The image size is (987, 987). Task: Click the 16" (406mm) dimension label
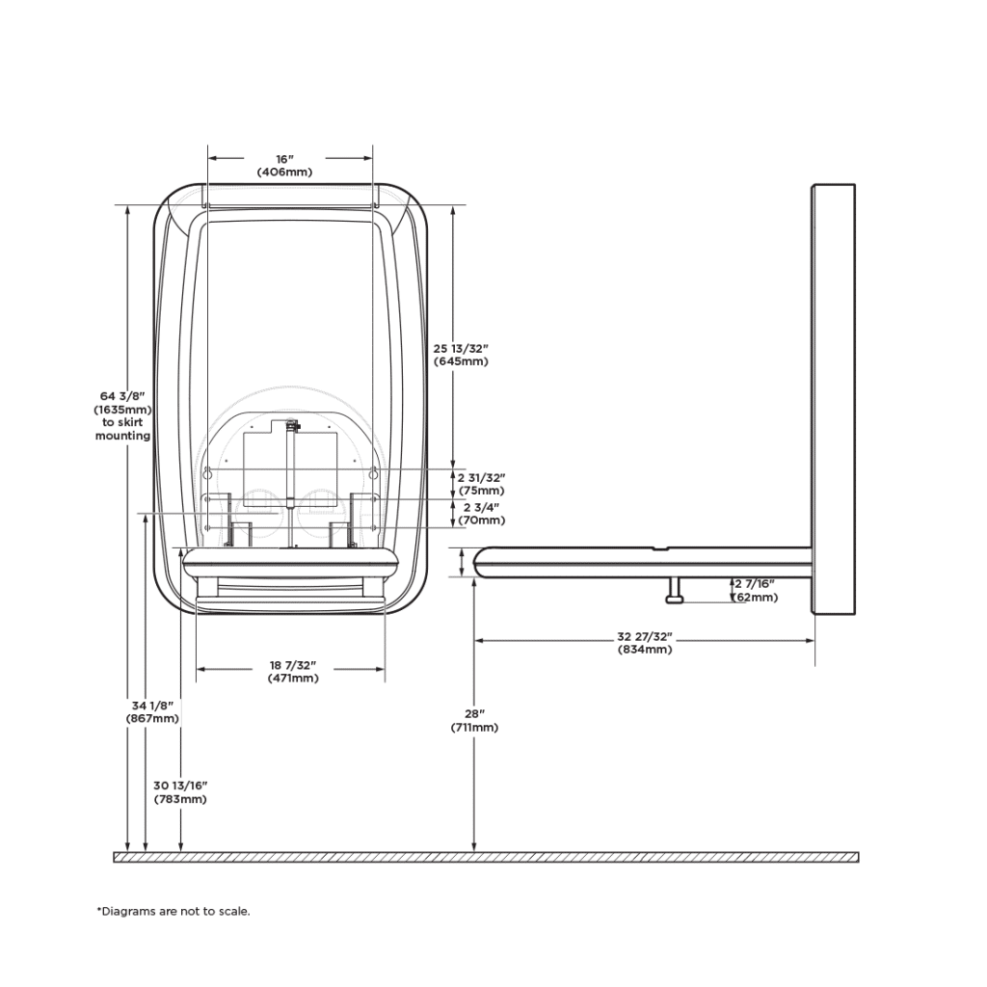click(x=284, y=165)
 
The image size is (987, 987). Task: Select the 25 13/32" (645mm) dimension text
click(x=461, y=355)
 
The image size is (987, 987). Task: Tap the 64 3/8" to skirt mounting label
click(x=122, y=415)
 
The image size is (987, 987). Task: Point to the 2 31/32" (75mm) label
click(x=481, y=484)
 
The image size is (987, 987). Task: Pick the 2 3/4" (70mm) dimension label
click(x=481, y=514)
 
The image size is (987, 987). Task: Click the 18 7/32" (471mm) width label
click(x=293, y=672)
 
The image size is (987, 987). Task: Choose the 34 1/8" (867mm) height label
click(x=152, y=712)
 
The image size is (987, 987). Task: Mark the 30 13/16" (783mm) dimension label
click(x=180, y=792)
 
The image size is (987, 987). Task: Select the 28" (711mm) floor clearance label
click(x=474, y=721)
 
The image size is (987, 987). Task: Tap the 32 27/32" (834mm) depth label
click(x=645, y=643)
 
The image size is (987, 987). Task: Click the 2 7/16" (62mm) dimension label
click(x=756, y=591)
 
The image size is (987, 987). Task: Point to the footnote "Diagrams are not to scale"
click(x=173, y=911)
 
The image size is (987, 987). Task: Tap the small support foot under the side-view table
click(x=675, y=592)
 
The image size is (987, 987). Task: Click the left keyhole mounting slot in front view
click(x=207, y=472)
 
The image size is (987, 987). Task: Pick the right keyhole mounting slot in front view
click(x=373, y=472)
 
